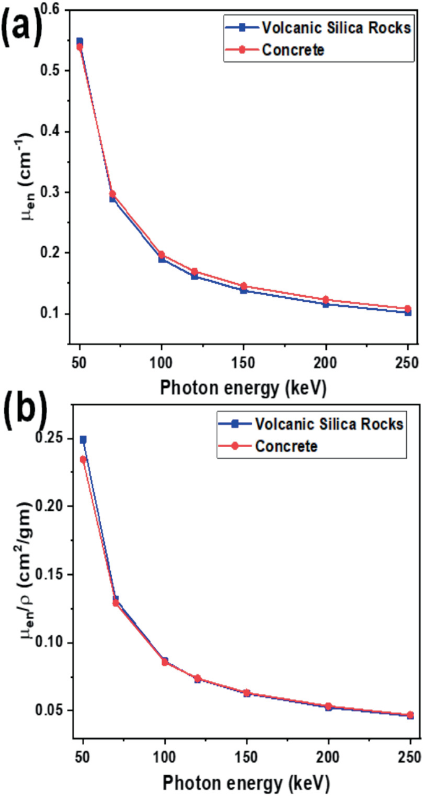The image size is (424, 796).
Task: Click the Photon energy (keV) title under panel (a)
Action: pos(243,388)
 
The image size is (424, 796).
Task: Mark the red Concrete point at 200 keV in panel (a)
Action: pos(326,299)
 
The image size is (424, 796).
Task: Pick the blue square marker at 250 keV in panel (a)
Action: pos(408,312)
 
